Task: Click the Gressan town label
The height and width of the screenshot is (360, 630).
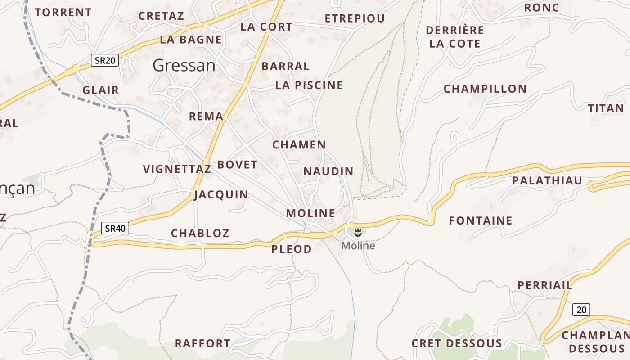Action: pyautogui.click(x=184, y=66)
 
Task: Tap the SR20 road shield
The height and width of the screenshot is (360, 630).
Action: pyautogui.click(x=105, y=60)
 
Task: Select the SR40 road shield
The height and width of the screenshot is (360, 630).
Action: pyautogui.click(x=115, y=228)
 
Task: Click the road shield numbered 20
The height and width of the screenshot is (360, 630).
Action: pyautogui.click(x=581, y=310)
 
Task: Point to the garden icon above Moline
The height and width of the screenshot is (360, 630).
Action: pyautogui.click(x=358, y=233)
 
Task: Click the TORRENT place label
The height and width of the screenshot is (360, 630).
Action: pyautogui.click(x=63, y=13)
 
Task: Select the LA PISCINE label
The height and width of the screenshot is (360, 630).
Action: pyautogui.click(x=309, y=85)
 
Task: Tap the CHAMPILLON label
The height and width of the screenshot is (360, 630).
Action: pyautogui.click(x=485, y=89)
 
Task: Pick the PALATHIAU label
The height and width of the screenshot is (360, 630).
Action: pyautogui.click(x=547, y=181)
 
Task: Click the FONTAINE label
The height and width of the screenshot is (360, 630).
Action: pyautogui.click(x=481, y=220)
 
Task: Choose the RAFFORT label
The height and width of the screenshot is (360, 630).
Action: pyautogui.click(x=202, y=343)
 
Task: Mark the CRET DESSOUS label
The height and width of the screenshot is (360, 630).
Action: pyautogui.click(x=457, y=343)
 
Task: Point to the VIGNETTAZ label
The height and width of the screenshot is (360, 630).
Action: pyautogui.click(x=177, y=169)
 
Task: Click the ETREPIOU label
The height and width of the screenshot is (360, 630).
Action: pyautogui.click(x=355, y=18)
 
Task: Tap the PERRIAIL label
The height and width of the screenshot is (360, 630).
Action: pyautogui.click(x=545, y=285)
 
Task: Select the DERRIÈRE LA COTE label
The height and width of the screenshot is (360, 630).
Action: pyautogui.click(x=455, y=37)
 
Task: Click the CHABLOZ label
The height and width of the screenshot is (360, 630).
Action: pyautogui.click(x=200, y=233)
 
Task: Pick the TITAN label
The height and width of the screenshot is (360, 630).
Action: pyautogui.click(x=606, y=108)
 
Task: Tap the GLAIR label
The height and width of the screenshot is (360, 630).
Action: pyautogui.click(x=101, y=90)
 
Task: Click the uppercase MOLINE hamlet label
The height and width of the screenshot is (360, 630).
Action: pyautogui.click(x=311, y=213)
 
